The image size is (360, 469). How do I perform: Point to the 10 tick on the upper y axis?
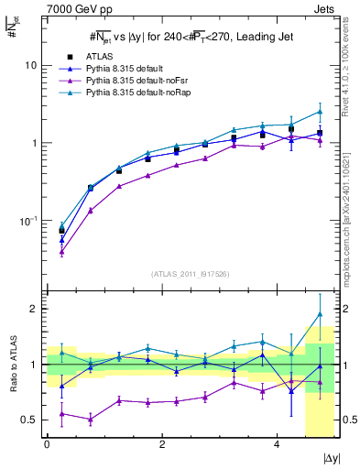pyautogui.click(x=30, y=66)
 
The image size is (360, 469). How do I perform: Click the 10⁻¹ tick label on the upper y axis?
pyautogui.click(x=28, y=221)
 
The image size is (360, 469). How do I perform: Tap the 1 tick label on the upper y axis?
pyautogui.click(x=33, y=143)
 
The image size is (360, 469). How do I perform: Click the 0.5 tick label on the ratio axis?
pyautogui.click(x=27, y=420)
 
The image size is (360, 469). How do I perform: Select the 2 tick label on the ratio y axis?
pyautogui.click(x=33, y=309)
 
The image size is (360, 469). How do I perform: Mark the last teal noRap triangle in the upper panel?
pyautogui.click(x=320, y=112)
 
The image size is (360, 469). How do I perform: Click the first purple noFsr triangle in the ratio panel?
pyautogui.click(x=61, y=414)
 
